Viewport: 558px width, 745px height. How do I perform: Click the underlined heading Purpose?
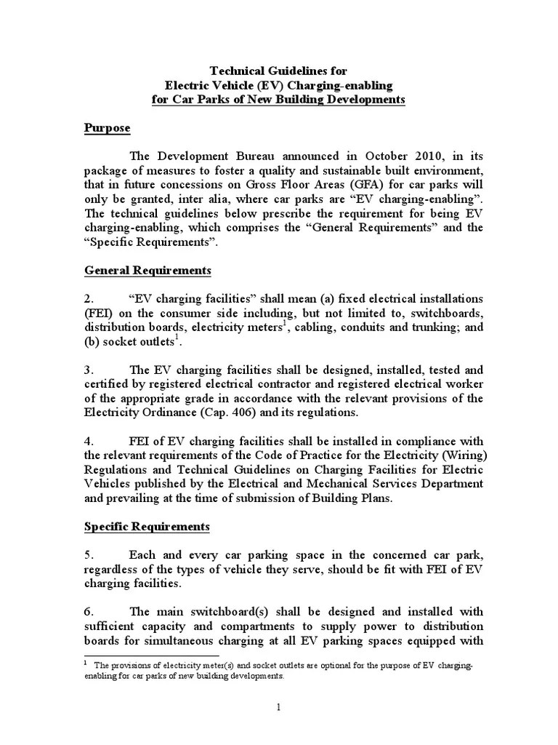108,128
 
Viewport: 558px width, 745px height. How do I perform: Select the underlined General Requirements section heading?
148,271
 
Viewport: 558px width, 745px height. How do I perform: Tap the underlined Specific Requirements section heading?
147,526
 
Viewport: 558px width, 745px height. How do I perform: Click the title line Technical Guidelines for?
278,71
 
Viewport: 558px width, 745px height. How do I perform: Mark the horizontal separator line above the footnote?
146,656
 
